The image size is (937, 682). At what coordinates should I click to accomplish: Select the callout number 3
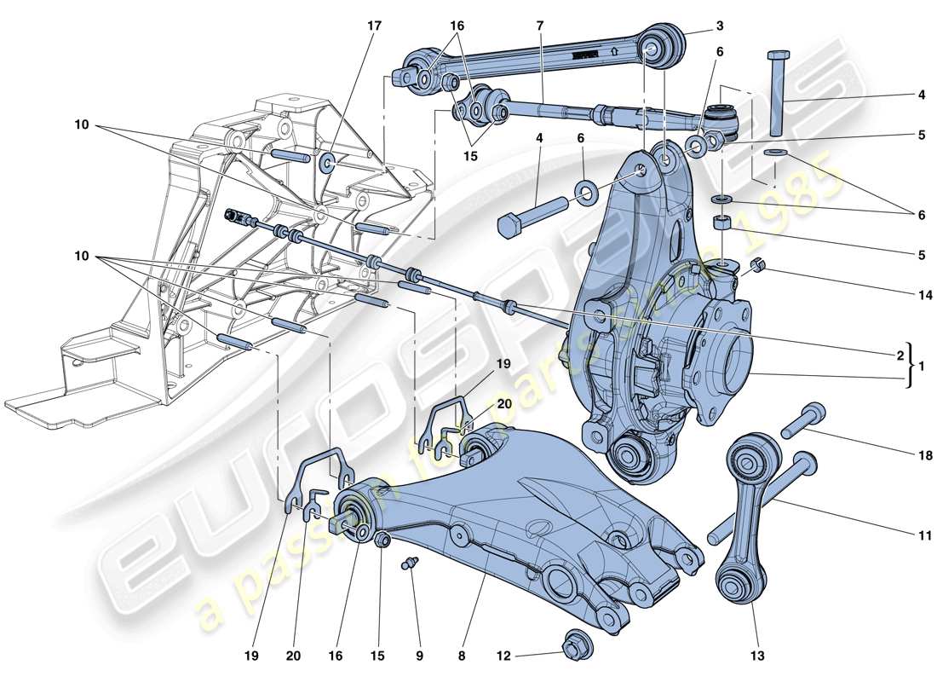point(720,26)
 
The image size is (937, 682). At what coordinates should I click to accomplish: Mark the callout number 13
point(757,656)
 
